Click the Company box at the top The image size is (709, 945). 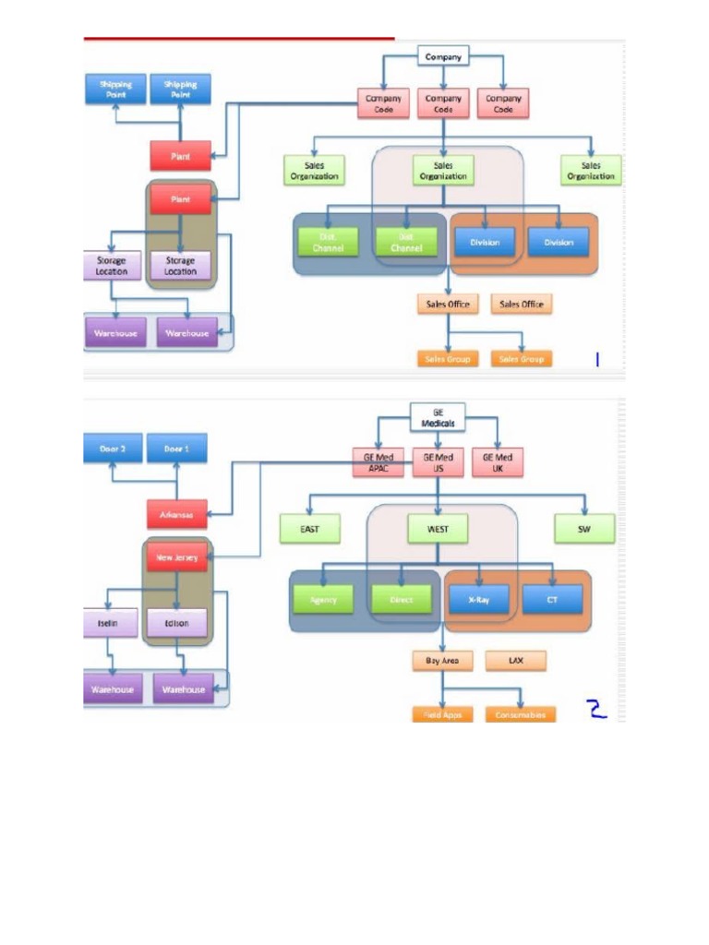point(443,57)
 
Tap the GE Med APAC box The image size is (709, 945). point(379,461)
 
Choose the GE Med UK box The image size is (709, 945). point(497,461)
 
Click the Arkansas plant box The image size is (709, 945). point(177,514)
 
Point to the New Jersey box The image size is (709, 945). point(177,557)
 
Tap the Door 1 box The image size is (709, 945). point(176,449)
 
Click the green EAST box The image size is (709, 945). point(311,530)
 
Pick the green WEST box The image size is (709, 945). point(438,530)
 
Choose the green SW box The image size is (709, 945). point(583,530)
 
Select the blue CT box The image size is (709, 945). point(552,599)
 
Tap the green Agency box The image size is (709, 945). point(324,599)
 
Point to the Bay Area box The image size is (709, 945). point(442,661)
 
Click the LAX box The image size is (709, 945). point(515,661)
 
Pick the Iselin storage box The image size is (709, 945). point(112,623)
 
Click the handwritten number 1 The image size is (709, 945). point(596,359)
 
